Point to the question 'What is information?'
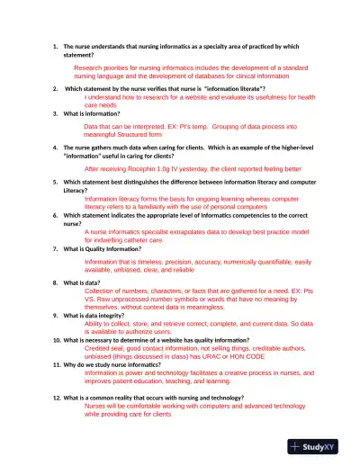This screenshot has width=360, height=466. pyautogui.click(x=95, y=114)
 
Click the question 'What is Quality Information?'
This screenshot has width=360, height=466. pyautogui.click(x=109, y=248)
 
